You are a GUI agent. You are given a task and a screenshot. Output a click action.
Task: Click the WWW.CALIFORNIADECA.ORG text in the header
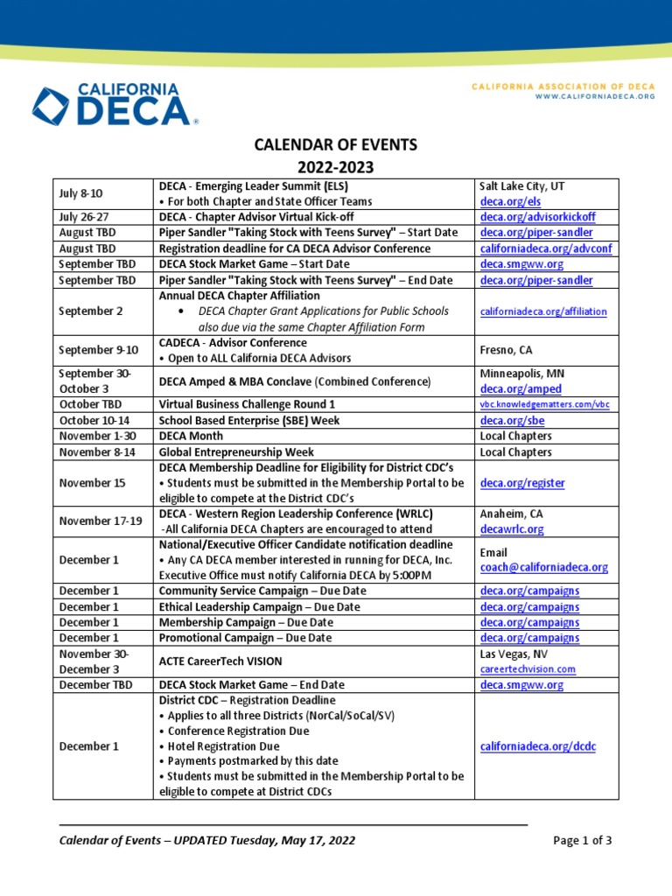click(x=595, y=96)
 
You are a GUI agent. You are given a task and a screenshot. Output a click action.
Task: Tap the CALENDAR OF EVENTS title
click(x=336, y=144)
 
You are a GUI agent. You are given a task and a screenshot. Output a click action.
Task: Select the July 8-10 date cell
click(x=80, y=194)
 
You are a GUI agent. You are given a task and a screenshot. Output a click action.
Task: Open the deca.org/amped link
click(x=521, y=388)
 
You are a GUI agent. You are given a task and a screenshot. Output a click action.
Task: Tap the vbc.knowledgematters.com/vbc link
click(x=544, y=404)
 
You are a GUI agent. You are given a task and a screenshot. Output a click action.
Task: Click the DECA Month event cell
click(x=191, y=436)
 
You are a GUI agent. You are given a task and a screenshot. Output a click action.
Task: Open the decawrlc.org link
click(x=512, y=529)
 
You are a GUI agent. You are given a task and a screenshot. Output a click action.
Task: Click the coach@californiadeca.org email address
click(x=543, y=567)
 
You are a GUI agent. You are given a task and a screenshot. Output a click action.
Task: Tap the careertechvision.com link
click(x=528, y=668)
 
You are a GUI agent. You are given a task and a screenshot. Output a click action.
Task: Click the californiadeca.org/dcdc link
click(x=538, y=746)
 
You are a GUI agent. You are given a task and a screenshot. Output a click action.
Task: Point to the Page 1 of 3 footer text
click(x=583, y=841)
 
